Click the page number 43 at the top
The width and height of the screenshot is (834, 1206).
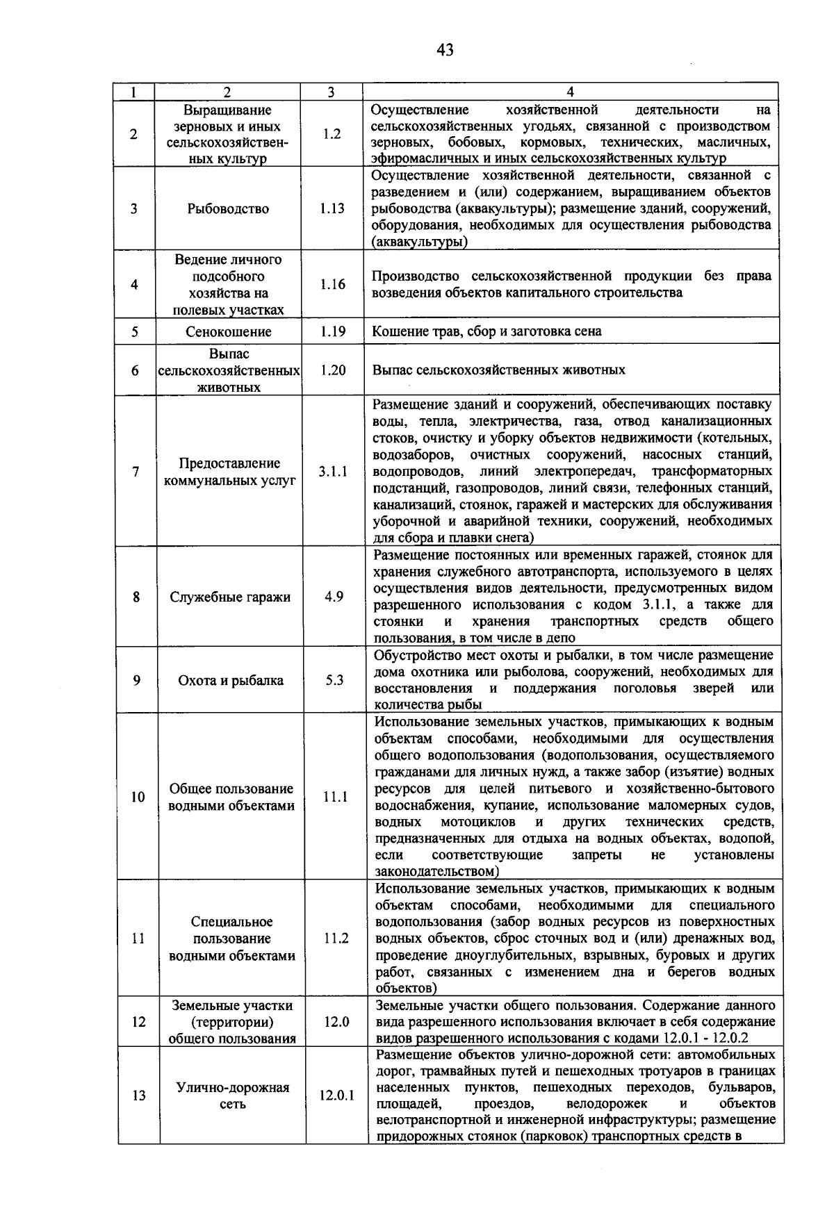point(445,50)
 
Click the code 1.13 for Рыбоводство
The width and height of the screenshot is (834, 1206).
point(332,208)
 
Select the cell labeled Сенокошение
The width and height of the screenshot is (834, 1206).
point(228,332)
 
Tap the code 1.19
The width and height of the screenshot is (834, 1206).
point(333,332)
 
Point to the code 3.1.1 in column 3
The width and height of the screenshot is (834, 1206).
point(333,472)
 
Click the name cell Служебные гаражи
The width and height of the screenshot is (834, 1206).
point(230,597)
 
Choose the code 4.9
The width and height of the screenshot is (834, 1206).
point(334,597)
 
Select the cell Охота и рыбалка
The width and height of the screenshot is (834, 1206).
point(231,681)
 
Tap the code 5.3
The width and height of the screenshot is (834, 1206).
point(334,681)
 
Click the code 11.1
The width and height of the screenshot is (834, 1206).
point(335,798)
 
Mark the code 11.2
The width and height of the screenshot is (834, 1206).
point(336,939)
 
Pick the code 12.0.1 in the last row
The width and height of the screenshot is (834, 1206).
point(336,1096)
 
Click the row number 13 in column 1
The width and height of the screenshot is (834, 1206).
point(139,1096)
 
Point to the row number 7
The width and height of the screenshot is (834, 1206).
point(136,472)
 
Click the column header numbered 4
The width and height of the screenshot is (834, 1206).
point(570,92)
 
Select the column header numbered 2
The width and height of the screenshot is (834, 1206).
point(227,92)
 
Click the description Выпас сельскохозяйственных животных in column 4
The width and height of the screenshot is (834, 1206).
point(498,370)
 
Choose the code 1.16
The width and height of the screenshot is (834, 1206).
point(332,284)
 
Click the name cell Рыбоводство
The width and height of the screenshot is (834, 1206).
point(228,208)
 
